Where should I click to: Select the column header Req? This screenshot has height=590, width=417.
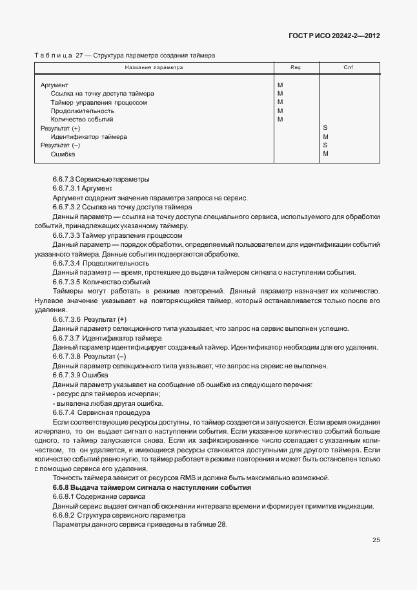tap(296, 67)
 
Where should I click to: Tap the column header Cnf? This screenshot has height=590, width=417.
tap(348, 67)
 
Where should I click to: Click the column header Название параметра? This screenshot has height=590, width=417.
tap(154, 67)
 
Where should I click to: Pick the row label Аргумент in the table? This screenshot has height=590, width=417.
tap(54, 85)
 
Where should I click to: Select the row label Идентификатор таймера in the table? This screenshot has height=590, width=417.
tap(88, 137)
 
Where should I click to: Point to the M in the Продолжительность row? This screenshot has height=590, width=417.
tap(280, 111)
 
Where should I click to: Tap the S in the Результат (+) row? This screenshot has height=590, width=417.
tap(325, 129)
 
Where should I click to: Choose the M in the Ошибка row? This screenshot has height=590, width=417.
tap(325, 154)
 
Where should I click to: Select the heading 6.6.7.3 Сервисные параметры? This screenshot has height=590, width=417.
tap(101, 178)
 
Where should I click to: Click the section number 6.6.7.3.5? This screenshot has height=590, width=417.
tap(66, 282)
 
